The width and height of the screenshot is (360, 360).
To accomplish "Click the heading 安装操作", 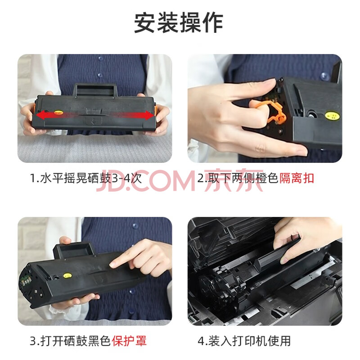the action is click(x=178, y=23).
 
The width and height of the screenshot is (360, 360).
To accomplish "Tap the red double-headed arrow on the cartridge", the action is click(x=95, y=115).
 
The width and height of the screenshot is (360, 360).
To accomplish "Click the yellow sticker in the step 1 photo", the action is click(x=58, y=112).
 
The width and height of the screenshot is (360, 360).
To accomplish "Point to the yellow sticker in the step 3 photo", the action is click(x=67, y=276).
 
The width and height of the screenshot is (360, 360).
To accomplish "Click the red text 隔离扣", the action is click(x=297, y=178).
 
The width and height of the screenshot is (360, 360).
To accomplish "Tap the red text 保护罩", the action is click(x=129, y=341).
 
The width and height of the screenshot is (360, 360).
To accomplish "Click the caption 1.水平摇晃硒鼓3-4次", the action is click(x=86, y=178).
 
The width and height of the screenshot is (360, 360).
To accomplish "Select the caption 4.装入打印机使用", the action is click(x=244, y=341).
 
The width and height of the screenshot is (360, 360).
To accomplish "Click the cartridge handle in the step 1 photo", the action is click(x=95, y=90).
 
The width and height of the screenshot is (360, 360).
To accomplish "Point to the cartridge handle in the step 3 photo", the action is click(x=74, y=251).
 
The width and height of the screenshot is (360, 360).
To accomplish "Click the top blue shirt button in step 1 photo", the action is click(x=100, y=58).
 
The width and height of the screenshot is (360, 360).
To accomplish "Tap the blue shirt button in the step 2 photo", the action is click(x=324, y=75).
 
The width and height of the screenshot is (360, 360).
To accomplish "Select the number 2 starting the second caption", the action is click(x=200, y=179).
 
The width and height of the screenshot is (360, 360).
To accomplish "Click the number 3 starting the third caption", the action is click(x=33, y=341).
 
